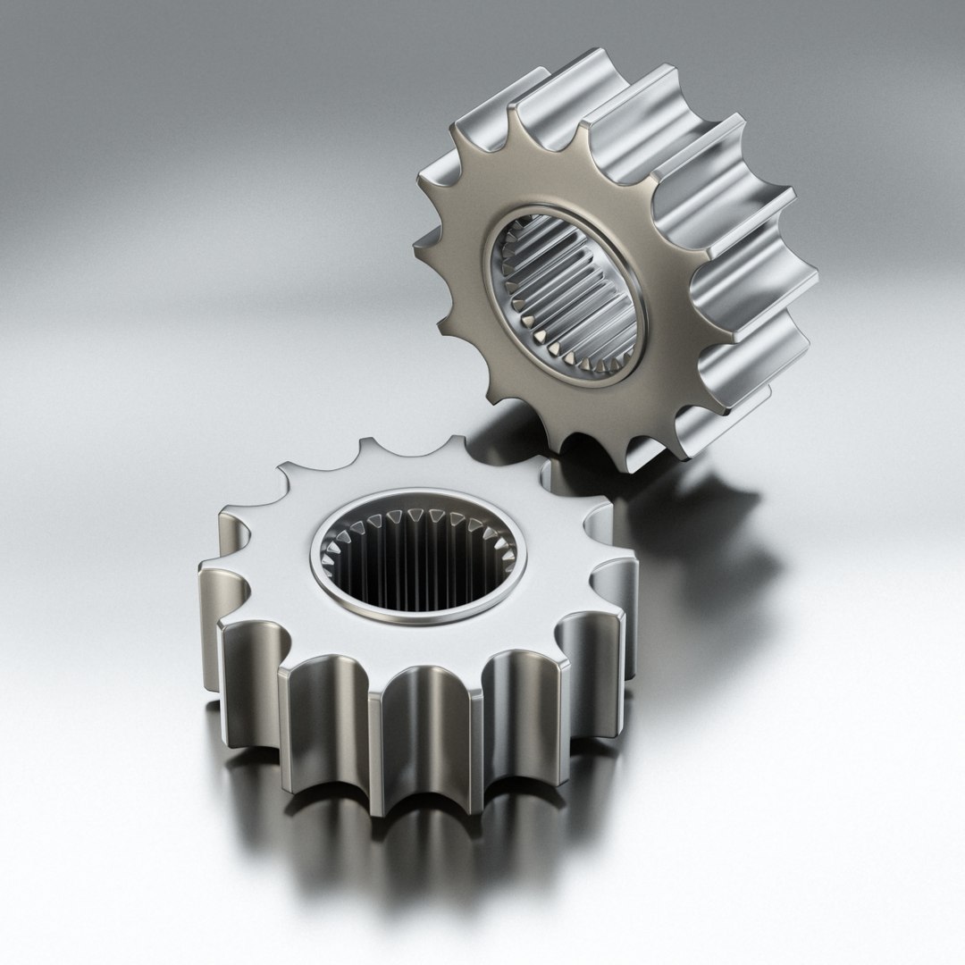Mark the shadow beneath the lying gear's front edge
point(420,858)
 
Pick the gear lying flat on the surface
point(420,625)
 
